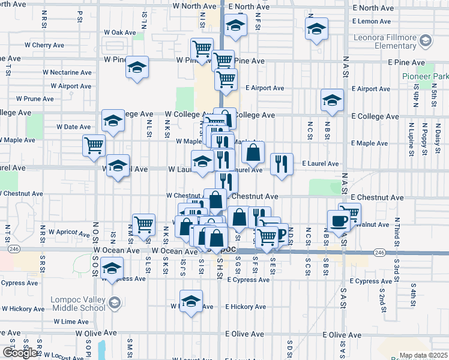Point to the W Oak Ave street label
pos(121,32)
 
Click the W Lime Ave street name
pos(75,322)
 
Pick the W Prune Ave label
pos(35,98)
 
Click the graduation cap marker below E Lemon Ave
pos(316,29)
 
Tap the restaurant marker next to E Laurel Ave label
pos(282,164)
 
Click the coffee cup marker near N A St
pos(338,220)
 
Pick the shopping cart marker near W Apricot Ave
pos(143,225)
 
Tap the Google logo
pos(20,353)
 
